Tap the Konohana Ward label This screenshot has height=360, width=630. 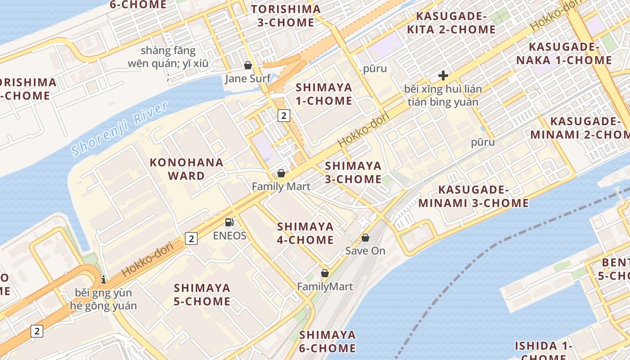pos(186,169)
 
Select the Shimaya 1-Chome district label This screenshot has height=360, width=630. pos(324,94)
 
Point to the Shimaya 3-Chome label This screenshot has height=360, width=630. pos(353,172)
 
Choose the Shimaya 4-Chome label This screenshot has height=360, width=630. pos(306,233)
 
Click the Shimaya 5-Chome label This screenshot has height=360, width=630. pos(202,294)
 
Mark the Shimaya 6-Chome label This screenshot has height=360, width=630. pos(328,341)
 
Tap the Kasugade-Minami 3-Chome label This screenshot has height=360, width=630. pos(474,196)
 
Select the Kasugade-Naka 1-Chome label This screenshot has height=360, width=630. pos(570,54)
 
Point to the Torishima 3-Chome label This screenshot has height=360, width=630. pos(286,16)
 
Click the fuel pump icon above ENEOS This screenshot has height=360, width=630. pos(229,222)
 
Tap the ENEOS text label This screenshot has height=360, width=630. pos(229,236)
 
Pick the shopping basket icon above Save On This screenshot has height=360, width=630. pos(365,237)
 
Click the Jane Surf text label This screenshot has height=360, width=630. pos(248,79)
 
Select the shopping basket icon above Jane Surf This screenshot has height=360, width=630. pos(247,65)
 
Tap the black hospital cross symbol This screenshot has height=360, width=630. pos(443,75)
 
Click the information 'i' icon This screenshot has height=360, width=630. pos(103,279)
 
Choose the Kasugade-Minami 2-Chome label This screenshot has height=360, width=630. pos(580,128)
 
